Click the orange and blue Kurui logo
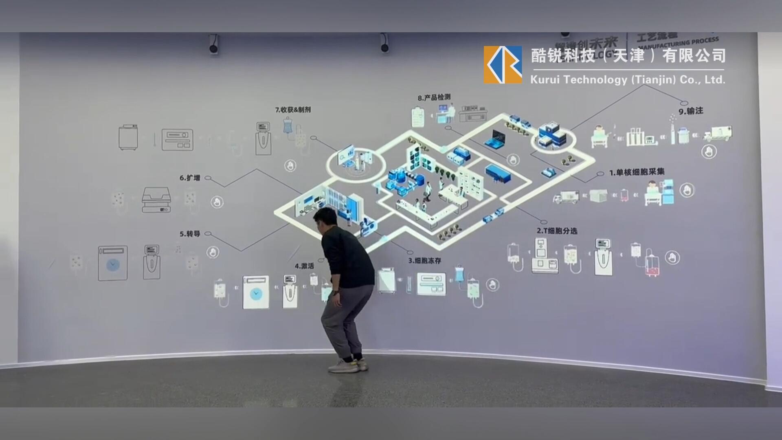(503, 65)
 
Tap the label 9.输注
(691, 111)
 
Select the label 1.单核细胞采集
(637, 172)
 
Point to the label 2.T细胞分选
(557, 231)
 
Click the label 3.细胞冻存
(424, 260)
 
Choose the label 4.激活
(304, 266)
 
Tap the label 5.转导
(190, 234)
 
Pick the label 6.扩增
(190, 178)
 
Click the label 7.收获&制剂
(293, 110)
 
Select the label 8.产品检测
(434, 97)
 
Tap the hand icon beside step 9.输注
(709, 152)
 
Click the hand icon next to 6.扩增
(217, 202)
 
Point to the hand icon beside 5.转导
(213, 252)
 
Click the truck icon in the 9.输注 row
(718, 134)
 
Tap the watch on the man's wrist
(335, 293)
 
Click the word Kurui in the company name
(545, 79)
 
